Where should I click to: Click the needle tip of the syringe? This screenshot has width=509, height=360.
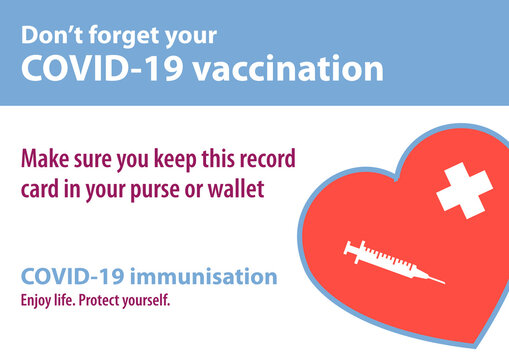(443, 281)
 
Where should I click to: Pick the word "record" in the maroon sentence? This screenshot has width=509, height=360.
(266, 159)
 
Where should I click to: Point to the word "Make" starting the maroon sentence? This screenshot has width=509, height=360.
(44, 159)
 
